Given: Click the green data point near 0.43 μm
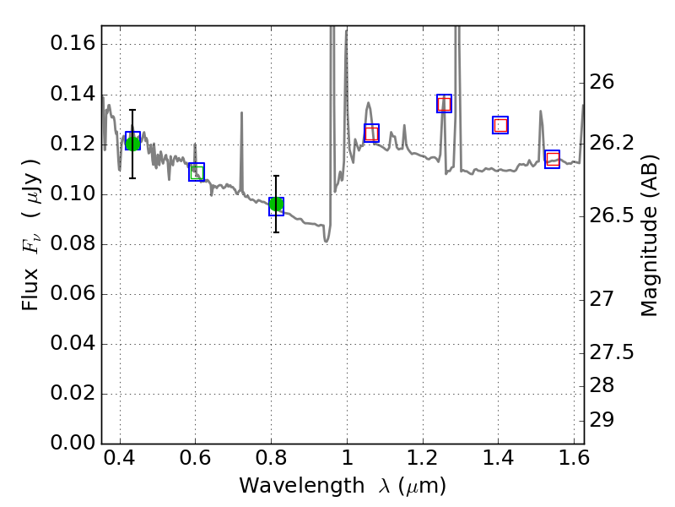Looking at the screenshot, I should point(132,141).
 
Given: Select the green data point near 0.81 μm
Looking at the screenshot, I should point(276,205).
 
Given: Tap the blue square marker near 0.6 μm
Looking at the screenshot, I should point(197,172).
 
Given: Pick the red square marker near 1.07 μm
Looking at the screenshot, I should point(371,133).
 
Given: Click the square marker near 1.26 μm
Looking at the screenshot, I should point(444,103).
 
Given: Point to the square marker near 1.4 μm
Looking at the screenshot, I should point(500,125).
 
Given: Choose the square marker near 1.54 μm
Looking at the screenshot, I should point(553,159).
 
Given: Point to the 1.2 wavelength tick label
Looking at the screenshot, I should point(422,461).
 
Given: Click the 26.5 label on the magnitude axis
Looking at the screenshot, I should point(616,216).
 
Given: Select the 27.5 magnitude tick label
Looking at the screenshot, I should point(616,352).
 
